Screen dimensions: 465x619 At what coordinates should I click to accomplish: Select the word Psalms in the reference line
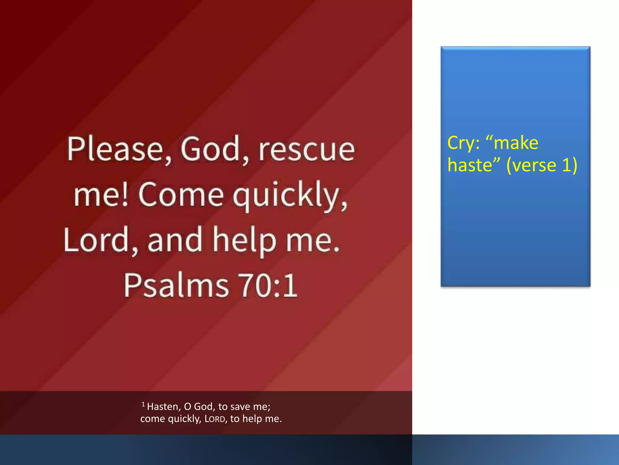tap(176, 285)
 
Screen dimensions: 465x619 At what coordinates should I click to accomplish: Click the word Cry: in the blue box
tap(463, 143)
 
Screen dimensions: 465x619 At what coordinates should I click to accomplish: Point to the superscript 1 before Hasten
tap(143, 404)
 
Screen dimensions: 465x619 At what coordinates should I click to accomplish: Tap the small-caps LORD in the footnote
tap(215, 419)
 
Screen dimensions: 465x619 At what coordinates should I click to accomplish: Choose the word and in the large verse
tap(174, 240)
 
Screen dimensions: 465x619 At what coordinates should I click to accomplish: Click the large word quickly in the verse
tap(290, 195)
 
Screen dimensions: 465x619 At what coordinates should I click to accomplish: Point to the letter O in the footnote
tap(187, 407)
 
